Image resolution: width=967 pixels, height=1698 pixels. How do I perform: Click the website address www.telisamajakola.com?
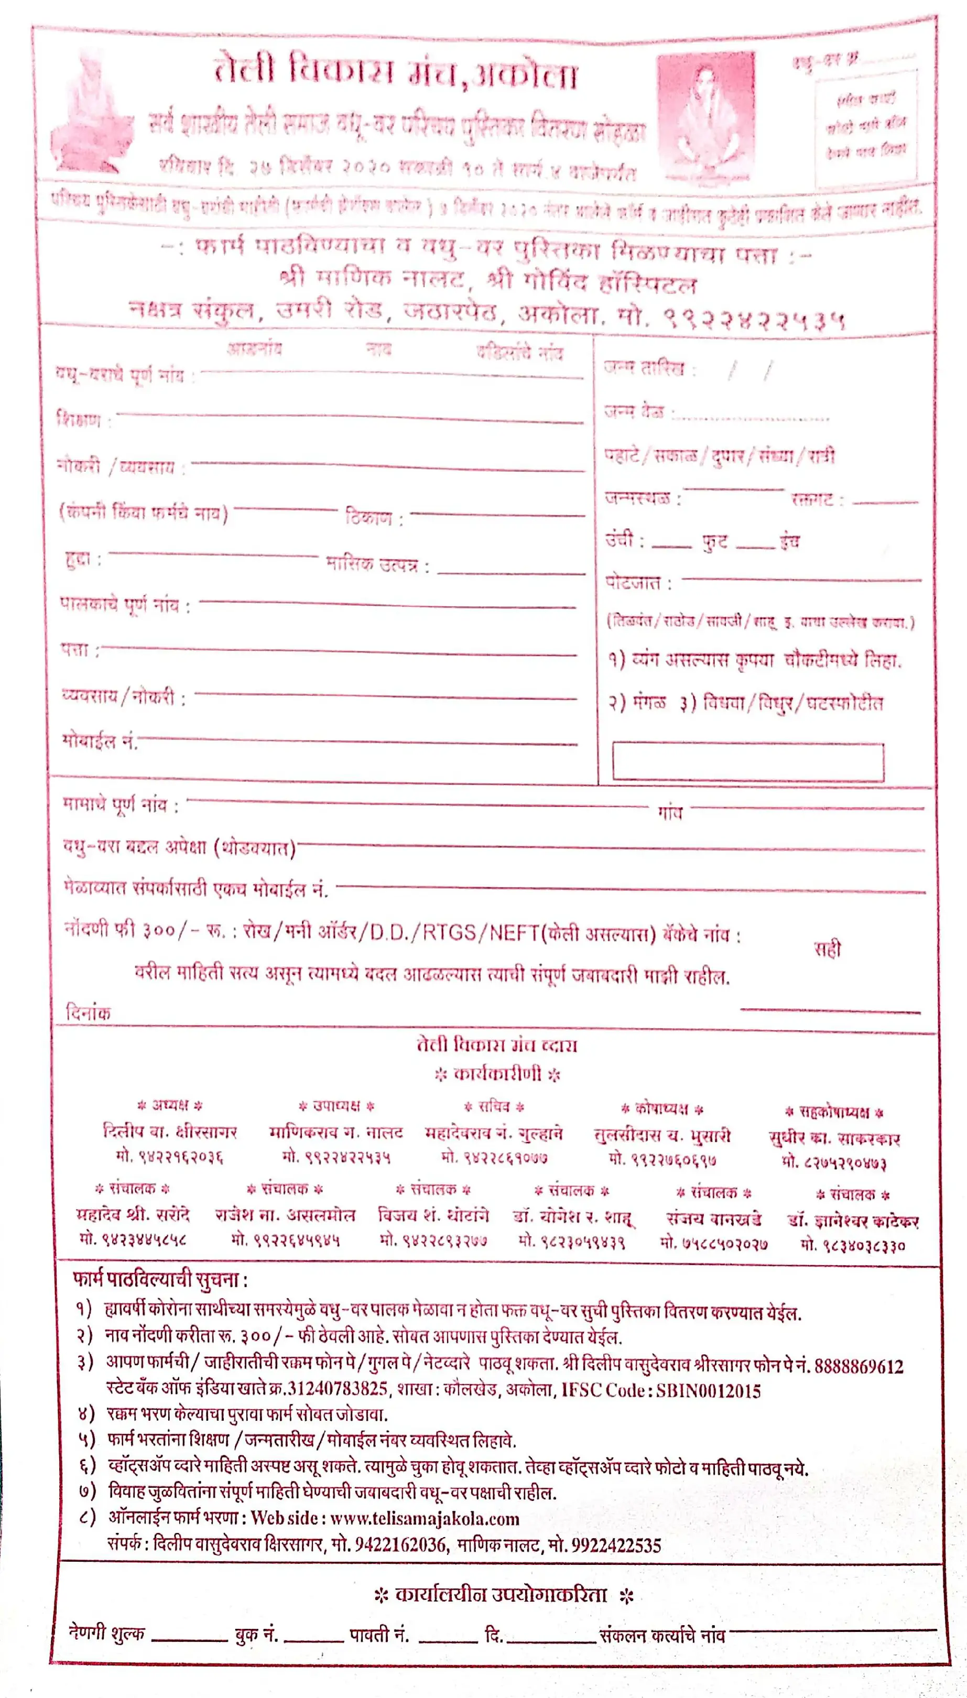pyautogui.click(x=425, y=1519)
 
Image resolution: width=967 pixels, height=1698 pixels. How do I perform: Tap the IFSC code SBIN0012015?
pyautogui.click(x=709, y=1391)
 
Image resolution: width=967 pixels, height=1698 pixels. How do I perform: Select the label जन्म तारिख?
pyautogui.click(x=644, y=368)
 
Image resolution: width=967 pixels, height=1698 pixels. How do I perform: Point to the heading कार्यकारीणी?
pyautogui.click(x=497, y=1074)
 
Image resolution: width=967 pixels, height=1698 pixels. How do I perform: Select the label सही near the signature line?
pyautogui.click(x=828, y=949)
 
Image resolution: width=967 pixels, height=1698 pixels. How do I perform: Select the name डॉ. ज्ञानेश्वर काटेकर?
pyautogui.click(x=853, y=1221)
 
